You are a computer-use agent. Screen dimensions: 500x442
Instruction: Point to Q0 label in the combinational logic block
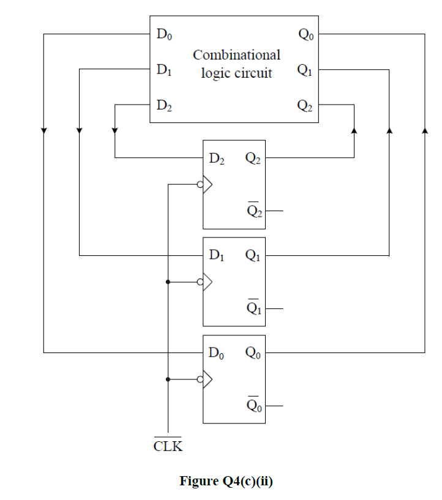point(305,35)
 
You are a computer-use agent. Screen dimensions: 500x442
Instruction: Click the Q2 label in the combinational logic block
point(305,105)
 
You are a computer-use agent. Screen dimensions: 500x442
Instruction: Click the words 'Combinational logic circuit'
point(236,64)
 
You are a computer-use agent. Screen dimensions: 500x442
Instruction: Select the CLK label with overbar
point(168,445)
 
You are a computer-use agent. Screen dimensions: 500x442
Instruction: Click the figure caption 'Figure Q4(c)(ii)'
point(226,481)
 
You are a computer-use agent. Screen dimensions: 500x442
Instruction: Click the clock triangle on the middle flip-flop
point(208,282)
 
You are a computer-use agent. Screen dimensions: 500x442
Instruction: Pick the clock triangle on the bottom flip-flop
point(208,379)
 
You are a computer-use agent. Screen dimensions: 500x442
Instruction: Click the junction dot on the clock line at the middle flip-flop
point(167,282)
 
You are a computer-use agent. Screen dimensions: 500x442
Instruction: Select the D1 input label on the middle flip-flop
point(216,255)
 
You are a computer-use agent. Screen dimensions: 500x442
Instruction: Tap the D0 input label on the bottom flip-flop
point(216,353)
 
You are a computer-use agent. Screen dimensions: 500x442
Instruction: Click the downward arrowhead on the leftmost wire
point(43,130)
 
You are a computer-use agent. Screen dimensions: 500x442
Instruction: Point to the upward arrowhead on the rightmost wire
point(424,130)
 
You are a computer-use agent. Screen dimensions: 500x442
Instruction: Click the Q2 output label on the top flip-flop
point(253,159)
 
